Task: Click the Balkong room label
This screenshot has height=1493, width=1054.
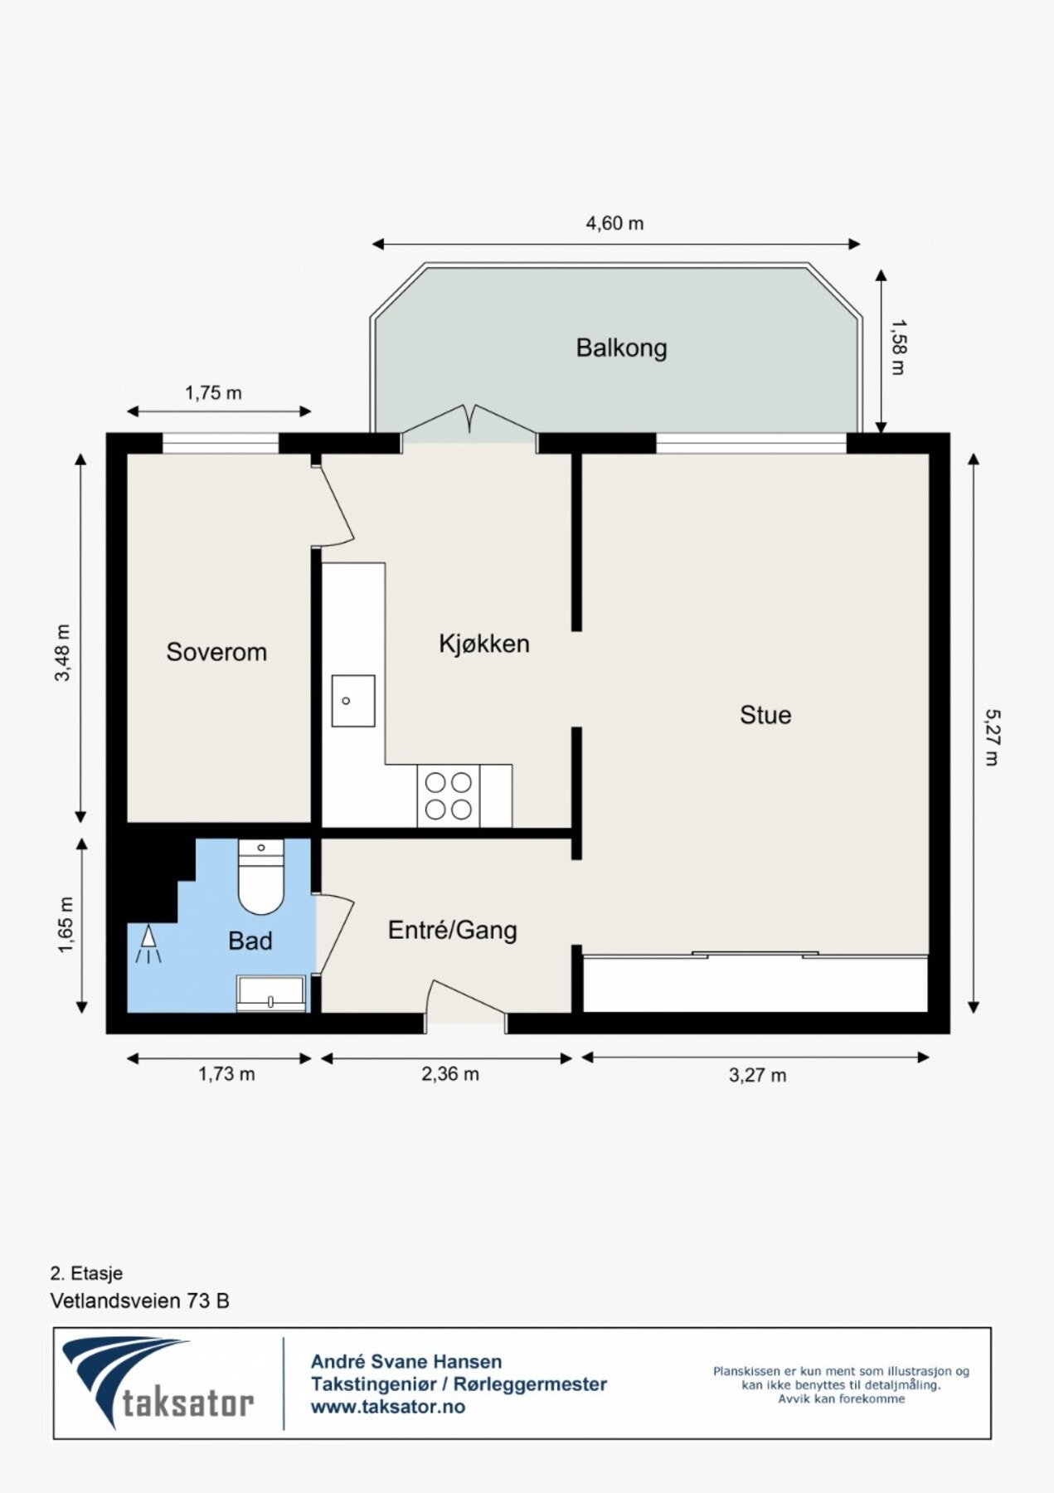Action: coord(621,348)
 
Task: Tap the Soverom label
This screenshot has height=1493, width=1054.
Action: coord(216,652)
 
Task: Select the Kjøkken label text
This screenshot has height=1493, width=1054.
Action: coord(483,644)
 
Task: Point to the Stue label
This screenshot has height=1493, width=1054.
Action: coord(765,715)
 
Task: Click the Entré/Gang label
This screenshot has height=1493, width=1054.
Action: coord(452,930)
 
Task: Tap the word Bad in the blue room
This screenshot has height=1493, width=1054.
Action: coord(250,941)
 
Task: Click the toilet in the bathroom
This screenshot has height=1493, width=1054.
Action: coord(261,878)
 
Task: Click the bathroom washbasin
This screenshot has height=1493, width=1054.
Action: coord(271,993)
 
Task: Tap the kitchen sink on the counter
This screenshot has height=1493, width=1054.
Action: coord(352,701)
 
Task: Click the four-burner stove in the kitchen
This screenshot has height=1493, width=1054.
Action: coord(449,795)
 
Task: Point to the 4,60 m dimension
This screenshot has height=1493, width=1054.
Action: coord(614,223)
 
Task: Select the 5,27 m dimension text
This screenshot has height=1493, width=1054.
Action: coord(992,737)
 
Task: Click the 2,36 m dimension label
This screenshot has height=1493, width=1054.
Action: coord(449,1074)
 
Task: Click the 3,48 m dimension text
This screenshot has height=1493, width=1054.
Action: coord(63,652)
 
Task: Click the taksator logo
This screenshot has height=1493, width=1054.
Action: coord(158,1383)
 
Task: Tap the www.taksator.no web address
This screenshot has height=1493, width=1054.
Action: coord(387,1407)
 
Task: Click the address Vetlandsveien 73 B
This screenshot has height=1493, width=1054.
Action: coord(139,1301)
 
